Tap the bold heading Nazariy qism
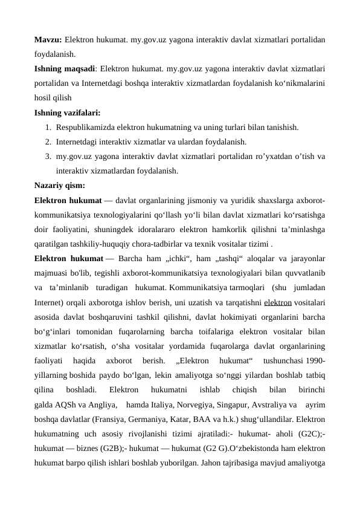tap(60, 185)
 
